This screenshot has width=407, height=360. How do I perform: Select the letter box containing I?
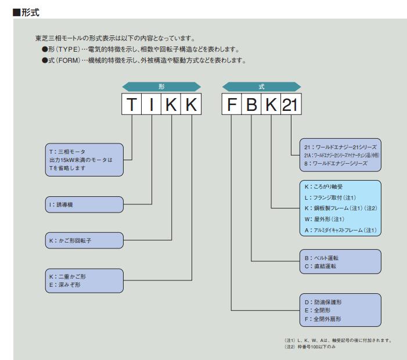tap(152, 106)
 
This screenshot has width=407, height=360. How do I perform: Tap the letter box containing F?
tap(231, 106)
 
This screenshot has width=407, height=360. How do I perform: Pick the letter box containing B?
tap(251, 106)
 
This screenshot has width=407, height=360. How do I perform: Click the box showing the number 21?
tap(290, 106)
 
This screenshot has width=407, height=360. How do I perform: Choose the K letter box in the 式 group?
tap(270, 106)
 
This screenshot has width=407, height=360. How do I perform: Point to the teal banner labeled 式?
tap(261, 86)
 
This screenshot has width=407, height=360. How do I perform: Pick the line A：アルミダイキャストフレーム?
tap(337, 231)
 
